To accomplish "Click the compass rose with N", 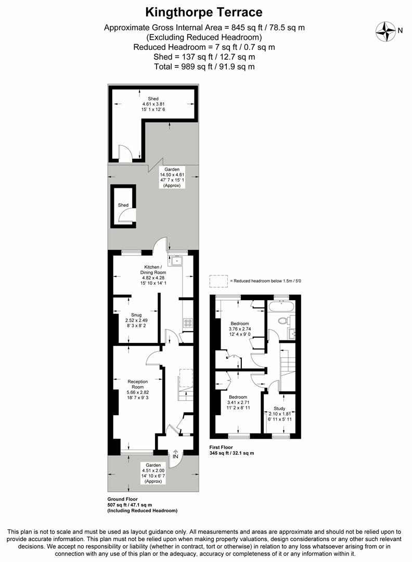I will (x=386, y=30).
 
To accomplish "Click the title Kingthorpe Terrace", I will (x=203, y=11).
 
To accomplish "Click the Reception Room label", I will (x=138, y=384).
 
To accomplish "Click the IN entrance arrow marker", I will (x=175, y=456).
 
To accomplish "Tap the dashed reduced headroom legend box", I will (x=218, y=281).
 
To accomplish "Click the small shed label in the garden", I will (x=123, y=205).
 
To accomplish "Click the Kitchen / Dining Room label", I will (x=152, y=270).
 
